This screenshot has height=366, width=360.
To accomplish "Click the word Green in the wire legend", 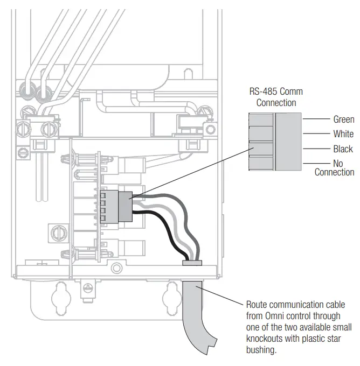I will point(343,119).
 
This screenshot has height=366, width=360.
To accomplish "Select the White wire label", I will point(343,134).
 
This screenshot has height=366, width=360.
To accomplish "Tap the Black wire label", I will point(343,149).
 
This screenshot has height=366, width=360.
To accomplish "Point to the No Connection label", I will point(334,168).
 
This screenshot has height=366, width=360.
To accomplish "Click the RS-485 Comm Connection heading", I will point(276,97).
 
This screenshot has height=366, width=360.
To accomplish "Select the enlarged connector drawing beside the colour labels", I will point(275,141).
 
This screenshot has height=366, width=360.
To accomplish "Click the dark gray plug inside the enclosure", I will point(124,206).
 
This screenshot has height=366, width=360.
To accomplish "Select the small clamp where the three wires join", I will point(192,263).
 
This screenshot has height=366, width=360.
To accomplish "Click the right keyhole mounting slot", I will point(172,294).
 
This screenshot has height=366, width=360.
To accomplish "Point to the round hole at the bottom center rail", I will point(114,268).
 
